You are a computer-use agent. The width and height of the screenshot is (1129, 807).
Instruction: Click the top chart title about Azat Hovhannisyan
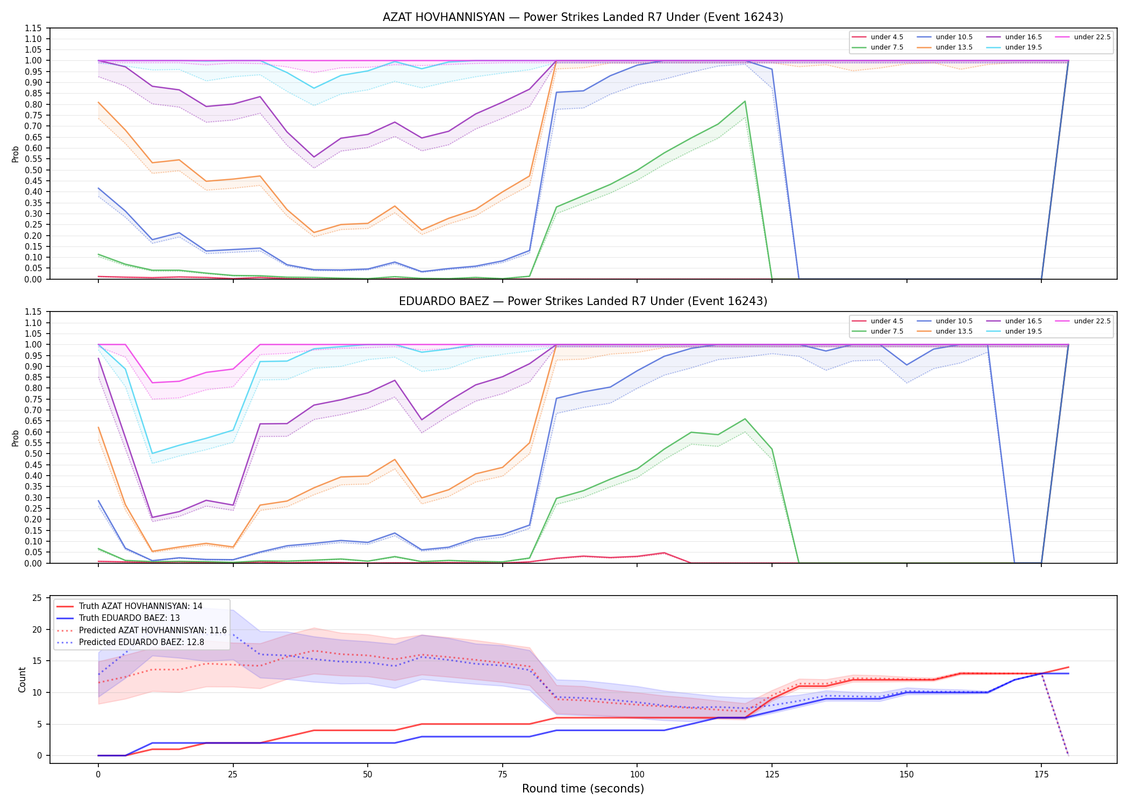click(583, 17)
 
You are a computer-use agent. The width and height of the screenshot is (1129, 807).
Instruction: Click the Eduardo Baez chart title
click(583, 301)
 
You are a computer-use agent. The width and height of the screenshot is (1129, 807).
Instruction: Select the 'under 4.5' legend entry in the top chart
click(878, 37)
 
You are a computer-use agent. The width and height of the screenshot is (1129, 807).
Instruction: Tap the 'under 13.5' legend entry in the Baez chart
click(945, 331)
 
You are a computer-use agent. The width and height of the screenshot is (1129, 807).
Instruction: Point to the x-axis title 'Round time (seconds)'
click(583, 789)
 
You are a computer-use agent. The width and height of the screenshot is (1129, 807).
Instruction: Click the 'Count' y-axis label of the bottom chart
click(22, 679)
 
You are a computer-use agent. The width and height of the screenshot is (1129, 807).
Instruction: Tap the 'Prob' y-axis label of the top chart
click(16, 154)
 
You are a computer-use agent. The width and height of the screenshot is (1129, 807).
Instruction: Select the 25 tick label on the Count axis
click(37, 598)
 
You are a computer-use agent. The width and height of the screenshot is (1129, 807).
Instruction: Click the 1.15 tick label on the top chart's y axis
click(33, 28)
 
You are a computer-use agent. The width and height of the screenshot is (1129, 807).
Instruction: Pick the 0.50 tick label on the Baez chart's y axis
click(33, 454)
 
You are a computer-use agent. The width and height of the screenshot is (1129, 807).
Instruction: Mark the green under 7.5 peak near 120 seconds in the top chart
click(745, 101)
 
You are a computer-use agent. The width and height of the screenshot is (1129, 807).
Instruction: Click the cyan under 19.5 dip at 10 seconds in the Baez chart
click(152, 454)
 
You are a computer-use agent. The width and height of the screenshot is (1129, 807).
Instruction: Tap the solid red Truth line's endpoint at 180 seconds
click(1068, 667)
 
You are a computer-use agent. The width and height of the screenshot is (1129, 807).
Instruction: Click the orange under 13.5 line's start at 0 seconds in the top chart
click(98, 102)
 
